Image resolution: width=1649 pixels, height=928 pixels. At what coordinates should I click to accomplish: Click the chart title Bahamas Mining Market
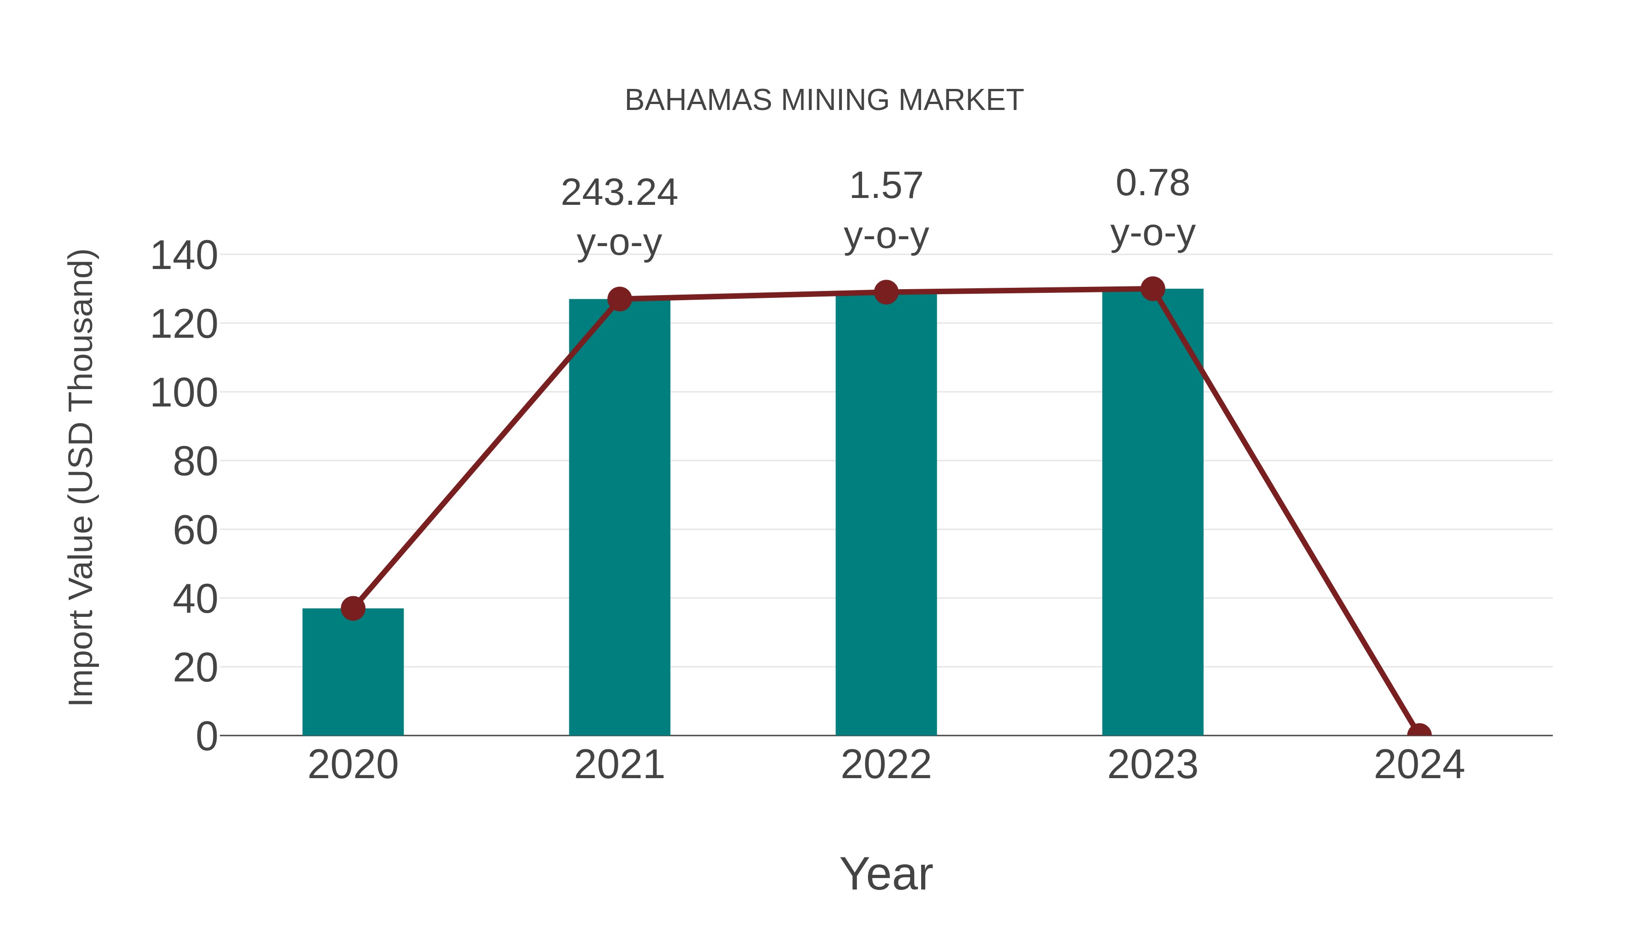[x=824, y=100]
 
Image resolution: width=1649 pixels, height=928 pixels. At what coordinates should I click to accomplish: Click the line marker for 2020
[x=353, y=609]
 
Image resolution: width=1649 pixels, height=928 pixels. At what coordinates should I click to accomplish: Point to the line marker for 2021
[x=619, y=299]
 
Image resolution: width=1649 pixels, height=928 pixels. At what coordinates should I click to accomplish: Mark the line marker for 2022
[x=886, y=292]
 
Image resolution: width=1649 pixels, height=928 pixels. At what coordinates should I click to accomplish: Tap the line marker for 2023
[x=1152, y=289]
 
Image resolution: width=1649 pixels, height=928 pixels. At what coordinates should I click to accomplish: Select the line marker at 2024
[x=1419, y=734]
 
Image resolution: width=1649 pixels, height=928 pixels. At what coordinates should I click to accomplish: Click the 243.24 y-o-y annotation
[x=619, y=217]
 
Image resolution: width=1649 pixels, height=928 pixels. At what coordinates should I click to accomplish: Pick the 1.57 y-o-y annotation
[x=886, y=211]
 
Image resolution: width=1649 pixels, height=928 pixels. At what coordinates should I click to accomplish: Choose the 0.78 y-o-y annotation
[x=1152, y=208]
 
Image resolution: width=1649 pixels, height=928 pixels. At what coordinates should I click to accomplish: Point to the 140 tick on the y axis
[x=184, y=256]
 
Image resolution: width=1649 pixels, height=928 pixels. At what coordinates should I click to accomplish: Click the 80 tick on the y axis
[x=195, y=462]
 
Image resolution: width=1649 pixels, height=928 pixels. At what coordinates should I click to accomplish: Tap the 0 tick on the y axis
[x=207, y=736]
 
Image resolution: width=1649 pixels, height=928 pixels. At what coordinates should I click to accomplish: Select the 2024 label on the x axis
[x=1419, y=765]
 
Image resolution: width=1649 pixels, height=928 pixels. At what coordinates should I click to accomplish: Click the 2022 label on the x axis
[x=886, y=765]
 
